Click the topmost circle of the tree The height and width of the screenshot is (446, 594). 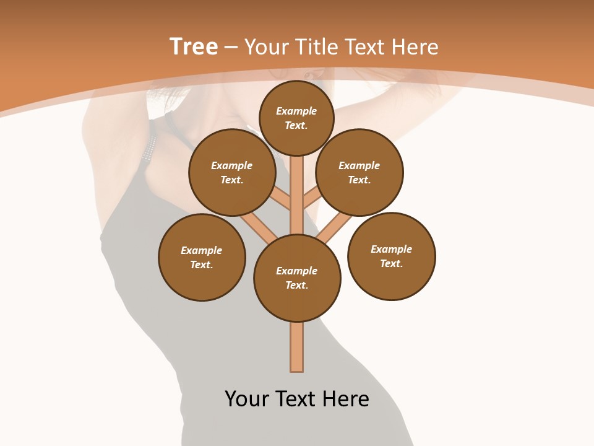(296, 118)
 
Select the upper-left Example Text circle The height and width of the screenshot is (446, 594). (232, 172)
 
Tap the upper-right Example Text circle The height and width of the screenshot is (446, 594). (359, 172)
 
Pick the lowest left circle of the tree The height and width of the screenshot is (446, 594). (202, 257)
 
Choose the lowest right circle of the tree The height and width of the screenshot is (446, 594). (392, 256)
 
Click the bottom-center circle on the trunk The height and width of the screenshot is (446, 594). (297, 278)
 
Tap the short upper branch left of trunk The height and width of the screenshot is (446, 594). (282, 199)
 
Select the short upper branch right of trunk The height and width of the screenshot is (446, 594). (311, 198)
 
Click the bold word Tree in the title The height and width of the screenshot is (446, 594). (194, 46)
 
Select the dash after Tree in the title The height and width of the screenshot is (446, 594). (231, 47)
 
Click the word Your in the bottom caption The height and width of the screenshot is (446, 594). (247, 399)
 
